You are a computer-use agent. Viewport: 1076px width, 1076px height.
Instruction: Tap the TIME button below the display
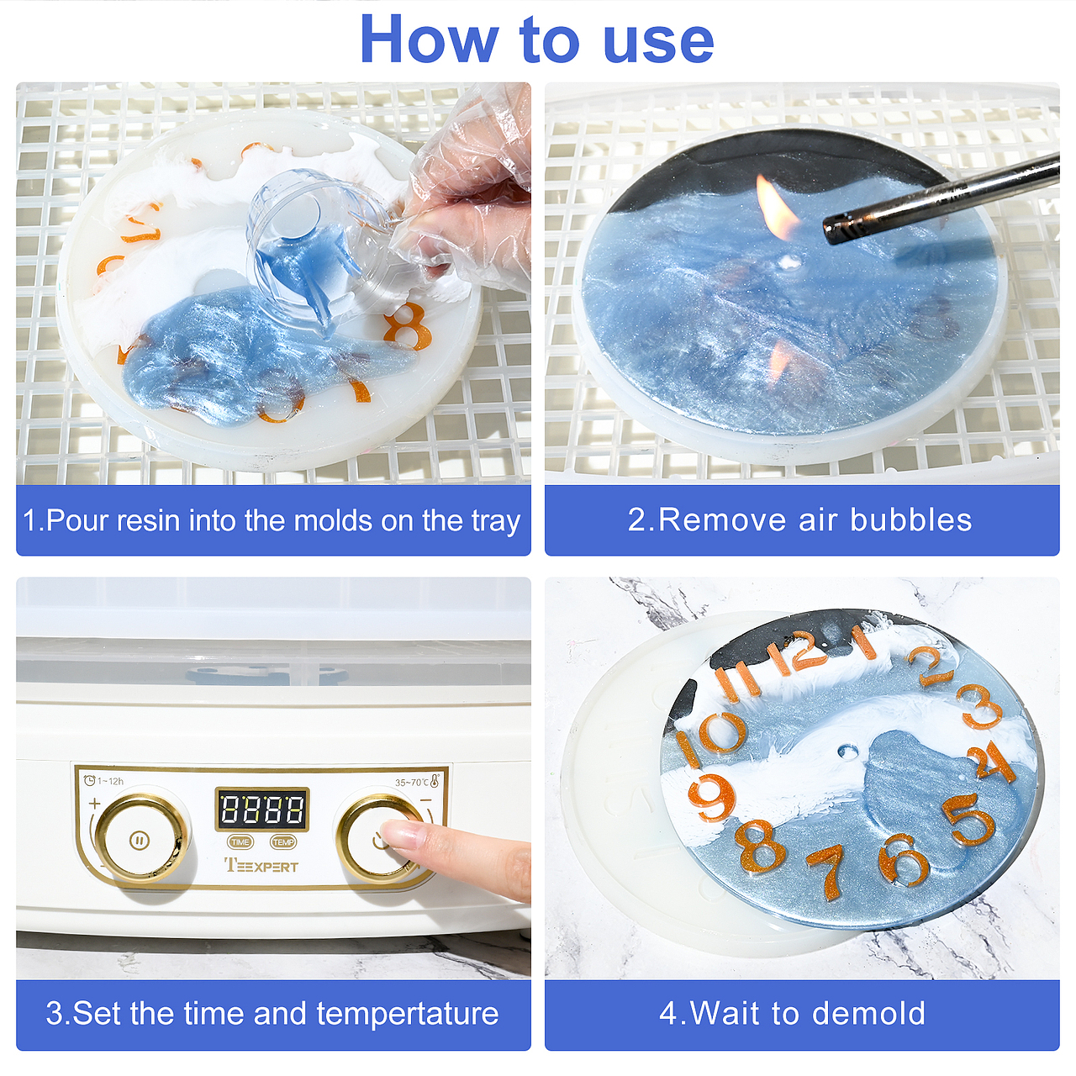point(240,841)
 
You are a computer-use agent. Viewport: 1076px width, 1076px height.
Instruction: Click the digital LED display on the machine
point(262,809)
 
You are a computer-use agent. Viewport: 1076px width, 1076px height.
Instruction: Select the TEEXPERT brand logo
point(261,866)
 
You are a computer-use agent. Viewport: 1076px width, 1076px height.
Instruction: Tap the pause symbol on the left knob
point(139,840)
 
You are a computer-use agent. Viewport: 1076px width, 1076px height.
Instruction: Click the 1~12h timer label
point(103,781)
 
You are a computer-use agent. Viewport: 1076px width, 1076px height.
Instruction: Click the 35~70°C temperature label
point(417,782)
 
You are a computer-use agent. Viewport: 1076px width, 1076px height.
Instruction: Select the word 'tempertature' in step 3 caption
point(408,1014)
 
